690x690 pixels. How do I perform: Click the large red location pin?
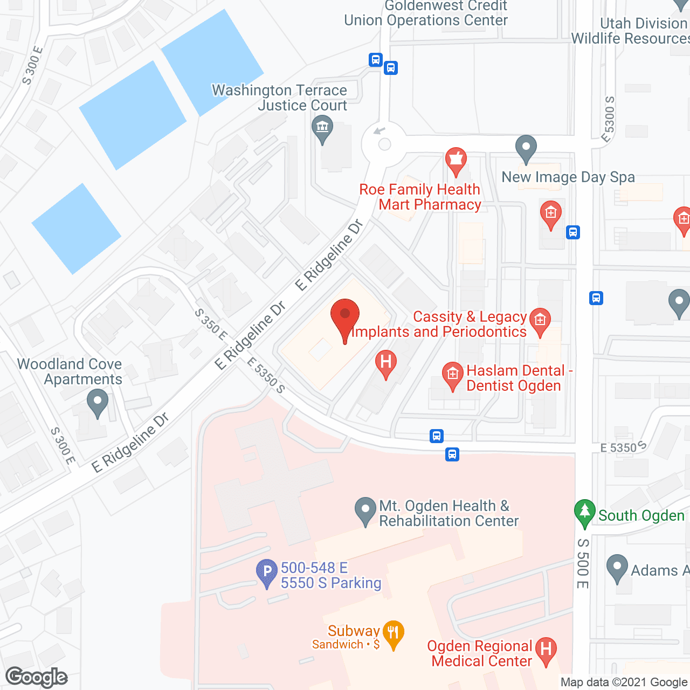pyautogui.click(x=345, y=318)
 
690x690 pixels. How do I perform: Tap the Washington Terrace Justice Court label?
pyautogui.click(x=280, y=98)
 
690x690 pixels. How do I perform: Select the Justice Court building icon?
pyautogui.click(x=322, y=129)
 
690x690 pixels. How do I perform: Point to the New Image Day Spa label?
pyautogui.click(x=568, y=177)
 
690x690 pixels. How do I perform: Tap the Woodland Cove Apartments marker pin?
pyautogui.click(x=98, y=402)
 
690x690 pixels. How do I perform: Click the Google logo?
pyautogui.click(x=37, y=677)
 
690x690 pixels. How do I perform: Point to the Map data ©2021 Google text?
pyautogui.click(x=624, y=682)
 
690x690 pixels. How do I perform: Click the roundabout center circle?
pyautogui.click(x=384, y=144)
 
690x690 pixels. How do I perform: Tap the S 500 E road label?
pyautogui.click(x=583, y=563)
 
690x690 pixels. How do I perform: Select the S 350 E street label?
pyautogui.click(x=211, y=324)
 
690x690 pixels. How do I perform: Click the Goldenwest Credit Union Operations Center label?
pyautogui.click(x=426, y=13)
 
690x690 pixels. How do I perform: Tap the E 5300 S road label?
pyautogui.click(x=608, y=120)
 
